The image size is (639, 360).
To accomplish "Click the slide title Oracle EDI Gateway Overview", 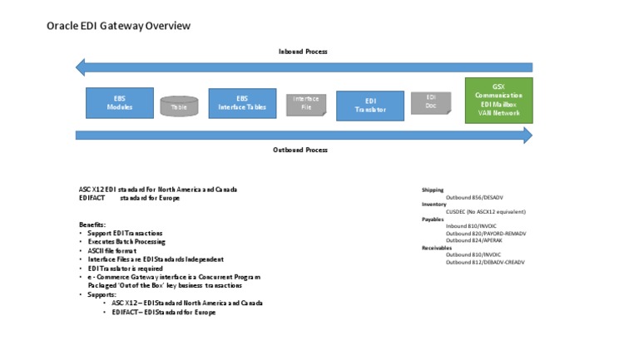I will [x=118, y=26].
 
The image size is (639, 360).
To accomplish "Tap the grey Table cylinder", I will [x=179, y=106].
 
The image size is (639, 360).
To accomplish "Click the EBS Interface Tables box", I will [x=242, y=103].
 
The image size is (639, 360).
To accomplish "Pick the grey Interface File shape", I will [x=306, y=103].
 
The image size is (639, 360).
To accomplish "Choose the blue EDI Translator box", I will [x=370, y=106].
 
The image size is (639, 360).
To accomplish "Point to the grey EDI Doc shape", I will [x=431, y=102].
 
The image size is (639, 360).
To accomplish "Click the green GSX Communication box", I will [x=498, y=101].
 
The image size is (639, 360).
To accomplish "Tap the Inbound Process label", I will [x=302, y=52].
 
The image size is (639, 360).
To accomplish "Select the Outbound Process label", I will [x=300, y=150].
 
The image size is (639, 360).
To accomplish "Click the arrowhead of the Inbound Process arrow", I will [x=81, y=67].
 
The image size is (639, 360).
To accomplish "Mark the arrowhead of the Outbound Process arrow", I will [x=528, y=136].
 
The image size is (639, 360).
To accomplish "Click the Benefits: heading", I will [x=92, y=224].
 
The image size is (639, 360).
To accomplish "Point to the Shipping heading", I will [x=433, y=190].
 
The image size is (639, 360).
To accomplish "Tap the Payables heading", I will [x=433, y=219].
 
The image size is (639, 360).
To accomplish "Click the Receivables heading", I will [x=436, y=248].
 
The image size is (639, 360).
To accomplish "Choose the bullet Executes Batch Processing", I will [x=126, y=241].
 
